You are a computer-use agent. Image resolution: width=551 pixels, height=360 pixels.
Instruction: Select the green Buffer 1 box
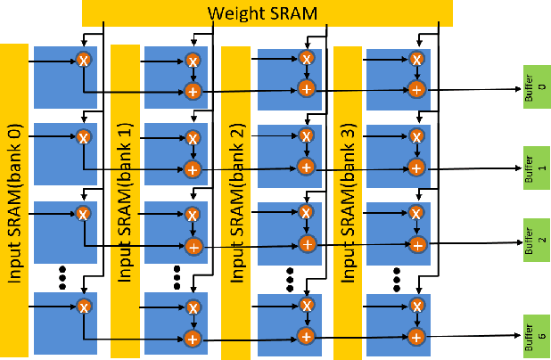click(537, 166)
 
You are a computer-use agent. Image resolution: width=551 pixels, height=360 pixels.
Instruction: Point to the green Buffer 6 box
click(537, 335)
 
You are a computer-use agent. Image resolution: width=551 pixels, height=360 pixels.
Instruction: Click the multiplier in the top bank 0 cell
click(83, 61)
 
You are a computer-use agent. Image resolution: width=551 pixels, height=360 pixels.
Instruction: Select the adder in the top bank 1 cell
click(192, 91)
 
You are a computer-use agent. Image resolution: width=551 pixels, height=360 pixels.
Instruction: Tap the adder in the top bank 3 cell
click(415, 90)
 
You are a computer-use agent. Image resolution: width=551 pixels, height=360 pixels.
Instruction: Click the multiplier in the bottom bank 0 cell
click(83, 307)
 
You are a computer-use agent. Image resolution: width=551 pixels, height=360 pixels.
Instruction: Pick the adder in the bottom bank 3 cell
click(415, 336)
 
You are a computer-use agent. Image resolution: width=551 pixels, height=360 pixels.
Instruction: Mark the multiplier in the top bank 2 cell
click(306, 59)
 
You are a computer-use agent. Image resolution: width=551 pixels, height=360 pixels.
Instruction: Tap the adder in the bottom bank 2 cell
click(306, 336)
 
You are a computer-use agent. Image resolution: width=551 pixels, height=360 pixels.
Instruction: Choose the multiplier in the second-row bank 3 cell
click(415, 136)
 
